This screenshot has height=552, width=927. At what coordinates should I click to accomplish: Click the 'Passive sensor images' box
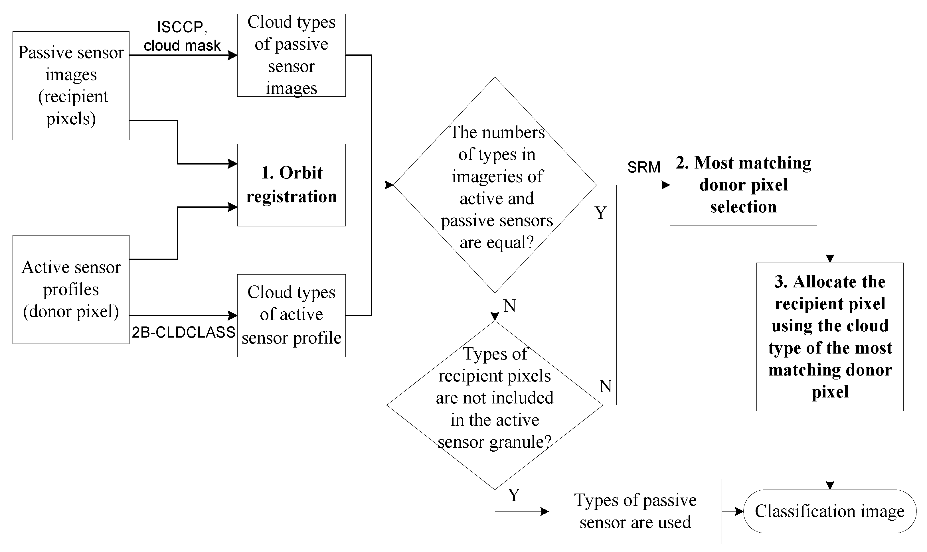point(71,86)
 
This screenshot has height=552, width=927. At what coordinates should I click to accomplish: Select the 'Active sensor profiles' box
point(71,289)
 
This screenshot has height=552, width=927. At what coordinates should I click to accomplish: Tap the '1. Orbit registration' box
point(291,185)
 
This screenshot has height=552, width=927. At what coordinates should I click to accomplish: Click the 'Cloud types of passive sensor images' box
point(291,55)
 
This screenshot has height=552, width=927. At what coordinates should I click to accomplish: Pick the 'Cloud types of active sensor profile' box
point(291,315)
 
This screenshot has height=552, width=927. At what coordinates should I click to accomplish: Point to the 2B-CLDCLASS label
point(183,332)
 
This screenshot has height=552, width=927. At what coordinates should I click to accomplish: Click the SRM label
point(643,167)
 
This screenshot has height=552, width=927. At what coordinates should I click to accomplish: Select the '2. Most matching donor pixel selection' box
point(743,185)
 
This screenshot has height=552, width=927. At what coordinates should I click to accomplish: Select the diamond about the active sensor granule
point(495,405)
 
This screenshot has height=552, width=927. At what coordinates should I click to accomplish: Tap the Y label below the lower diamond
point(514,495)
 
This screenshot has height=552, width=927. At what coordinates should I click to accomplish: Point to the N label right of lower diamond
point(605,386)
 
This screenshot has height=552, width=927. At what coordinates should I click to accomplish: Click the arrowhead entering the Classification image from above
point(830,485)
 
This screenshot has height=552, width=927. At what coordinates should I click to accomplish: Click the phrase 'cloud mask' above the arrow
point(182,46)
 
